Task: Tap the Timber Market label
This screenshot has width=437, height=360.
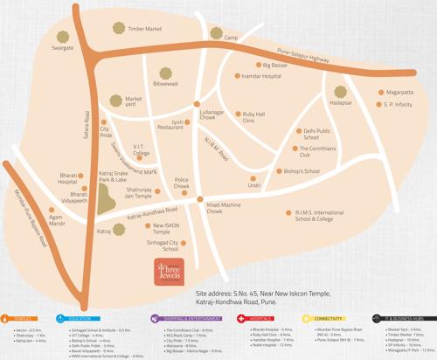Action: pyautogui.click(x=145, y=29)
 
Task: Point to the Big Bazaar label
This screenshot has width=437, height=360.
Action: pyautogui.click(x=275, y=65)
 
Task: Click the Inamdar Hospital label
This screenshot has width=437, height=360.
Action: pyautogui.click(x=261, y=76)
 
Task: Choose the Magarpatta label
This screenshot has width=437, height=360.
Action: pyautogui.click(x=399, y=92)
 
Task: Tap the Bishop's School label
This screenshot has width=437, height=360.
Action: pyautogui.click(x=302, y=171)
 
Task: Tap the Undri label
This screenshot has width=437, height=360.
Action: pyautogui.click(x=254, y=185)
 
